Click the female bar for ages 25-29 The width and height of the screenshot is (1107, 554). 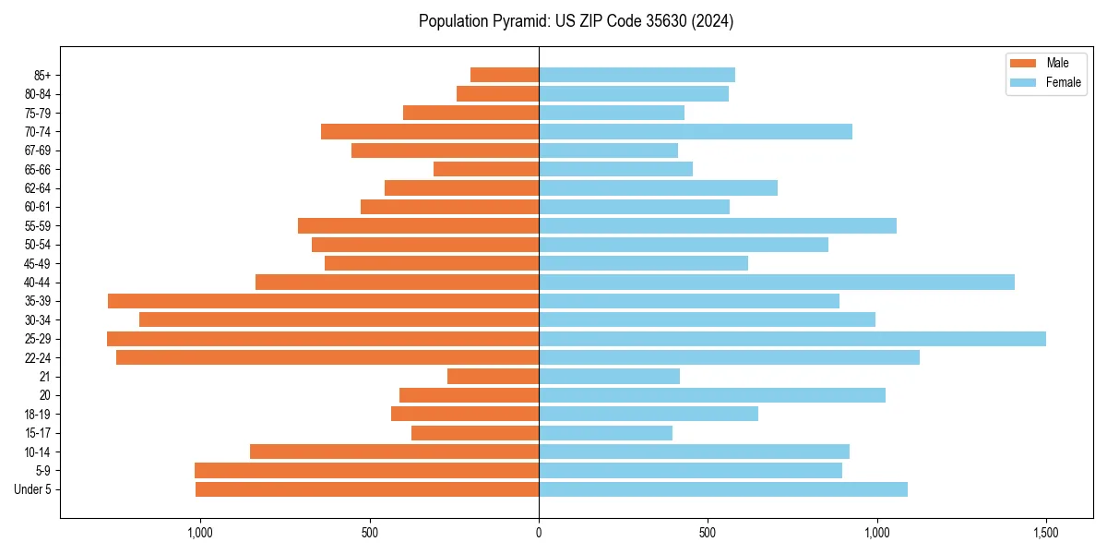792,339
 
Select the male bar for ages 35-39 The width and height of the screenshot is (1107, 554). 323,301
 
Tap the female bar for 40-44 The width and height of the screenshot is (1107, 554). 777,283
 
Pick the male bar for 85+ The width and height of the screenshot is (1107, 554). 505,75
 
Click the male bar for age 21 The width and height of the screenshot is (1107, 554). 493,377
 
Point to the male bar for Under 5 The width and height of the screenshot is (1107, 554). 367,489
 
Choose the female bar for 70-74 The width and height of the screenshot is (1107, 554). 696,132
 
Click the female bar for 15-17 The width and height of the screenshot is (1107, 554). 605,433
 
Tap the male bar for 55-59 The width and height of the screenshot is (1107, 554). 418,226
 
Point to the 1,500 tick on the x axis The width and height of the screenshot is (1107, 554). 1045,534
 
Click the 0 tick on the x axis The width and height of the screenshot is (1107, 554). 539,534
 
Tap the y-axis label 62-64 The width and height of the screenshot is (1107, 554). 38,188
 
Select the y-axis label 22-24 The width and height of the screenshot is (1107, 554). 38,358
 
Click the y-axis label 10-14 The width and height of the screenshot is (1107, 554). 38,452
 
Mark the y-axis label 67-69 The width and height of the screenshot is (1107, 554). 38,151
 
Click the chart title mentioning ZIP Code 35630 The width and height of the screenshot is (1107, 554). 576,21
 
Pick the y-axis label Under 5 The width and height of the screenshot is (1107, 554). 33,489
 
